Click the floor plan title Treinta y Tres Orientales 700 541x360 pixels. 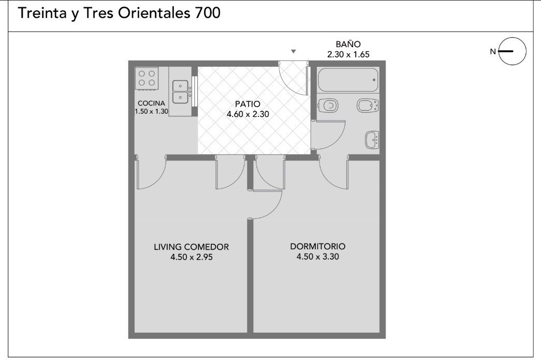(119, 13)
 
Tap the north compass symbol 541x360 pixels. (513, 51)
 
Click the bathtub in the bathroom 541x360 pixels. (348, 80)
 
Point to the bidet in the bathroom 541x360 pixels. (368, 106)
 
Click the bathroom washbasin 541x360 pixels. (372, 140)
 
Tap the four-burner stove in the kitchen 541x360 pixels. (147, 78)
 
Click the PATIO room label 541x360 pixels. (248, 104)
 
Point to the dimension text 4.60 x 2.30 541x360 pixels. (248, 114)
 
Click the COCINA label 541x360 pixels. (151, 103)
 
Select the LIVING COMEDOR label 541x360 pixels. (191, 247)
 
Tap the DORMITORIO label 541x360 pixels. (318, 246)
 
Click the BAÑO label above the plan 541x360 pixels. (348, 44)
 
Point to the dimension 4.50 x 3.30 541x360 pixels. (318, 257)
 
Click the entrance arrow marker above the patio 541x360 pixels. (293, 51)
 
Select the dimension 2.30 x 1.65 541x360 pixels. (348, 54)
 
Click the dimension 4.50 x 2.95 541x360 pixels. (192, 257)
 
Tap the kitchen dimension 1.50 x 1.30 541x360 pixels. (152, 111)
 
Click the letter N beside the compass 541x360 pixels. (493, 51)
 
